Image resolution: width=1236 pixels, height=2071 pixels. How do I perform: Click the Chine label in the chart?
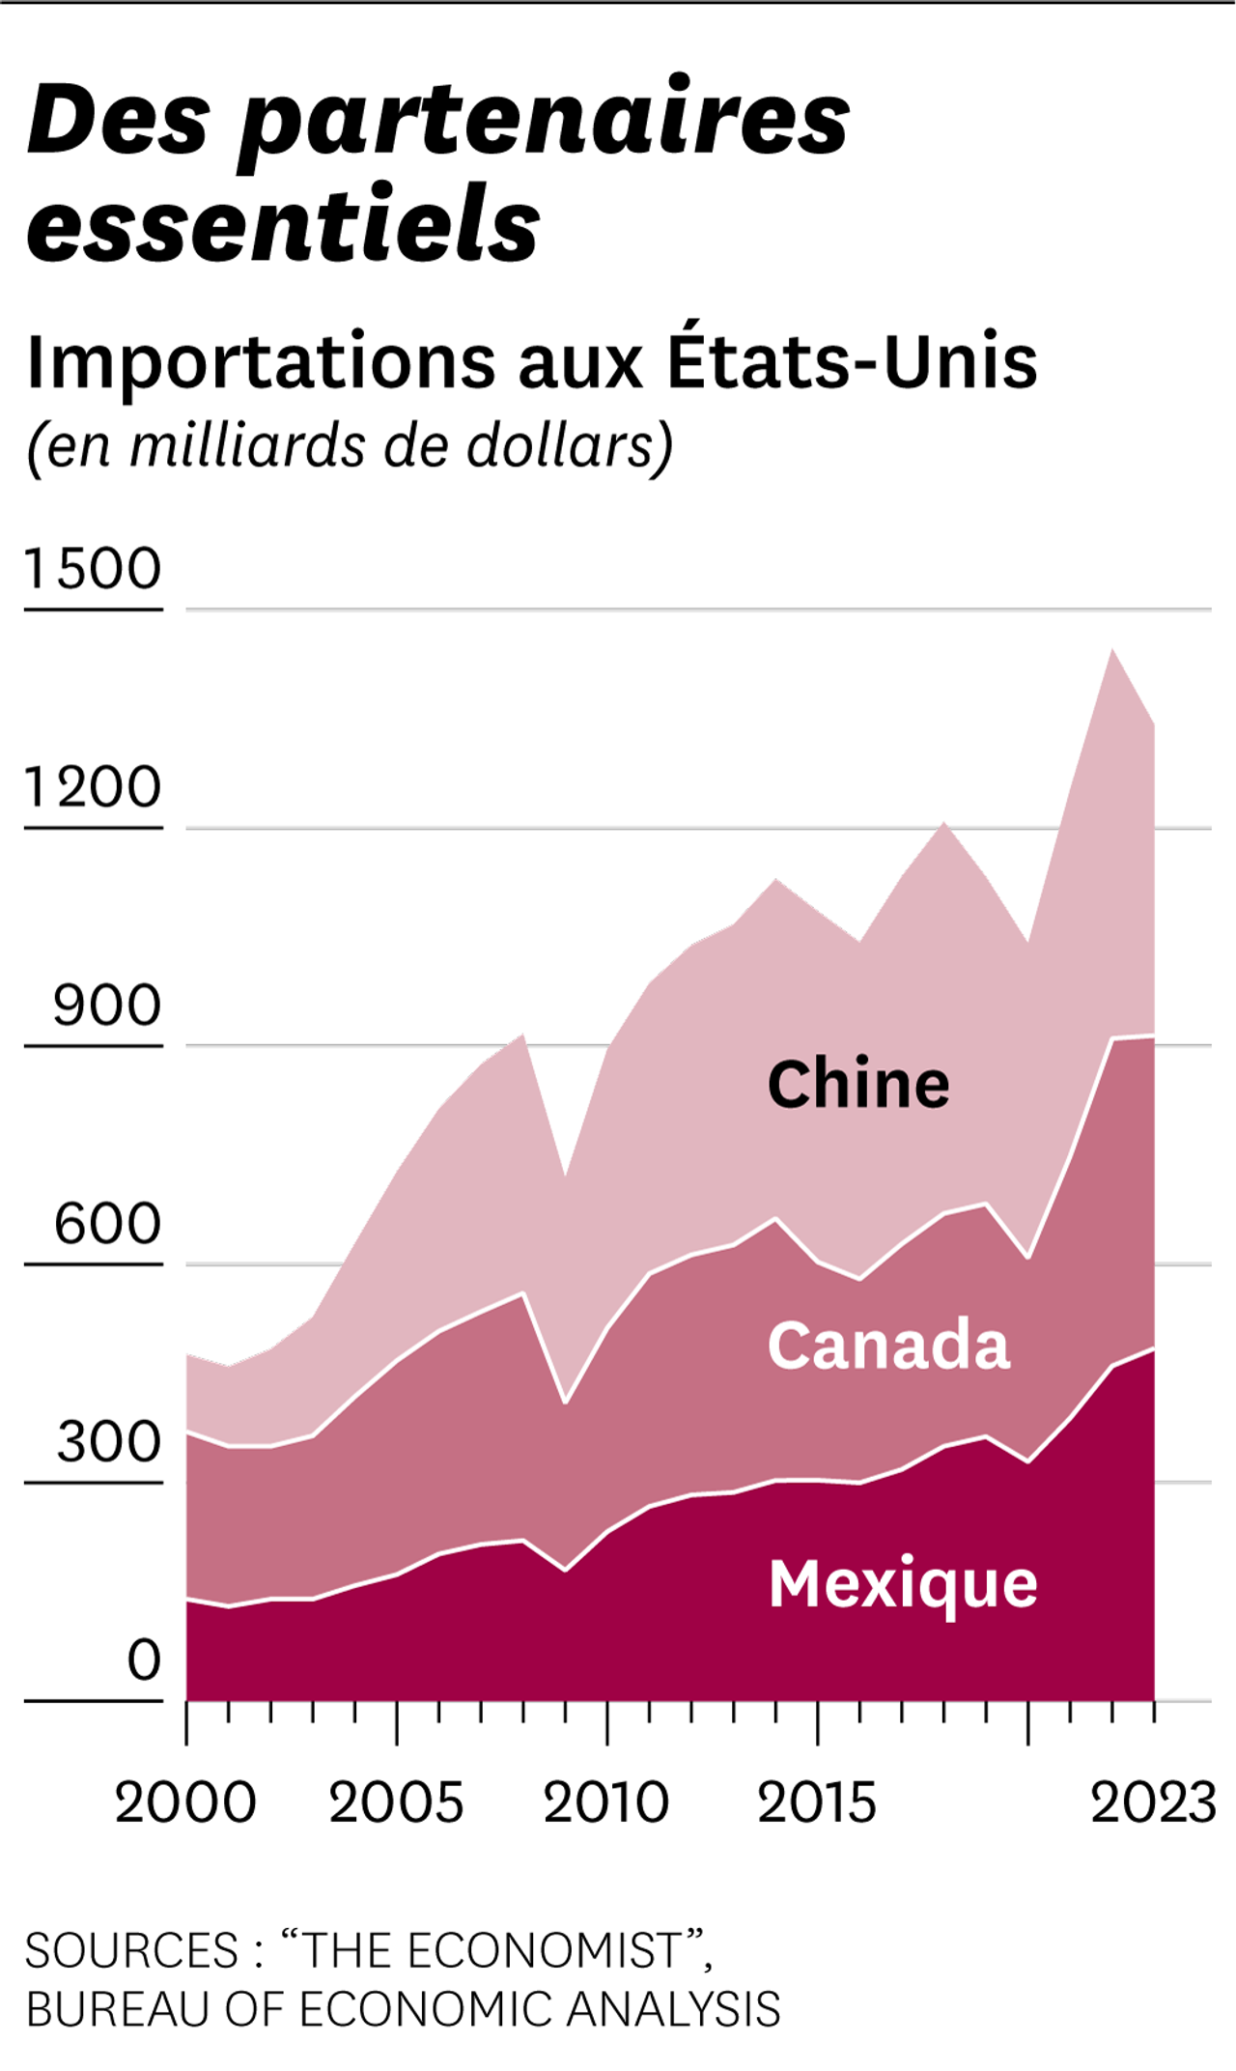click(858, 1084)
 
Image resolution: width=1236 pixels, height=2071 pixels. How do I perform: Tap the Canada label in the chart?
click(888, 1345)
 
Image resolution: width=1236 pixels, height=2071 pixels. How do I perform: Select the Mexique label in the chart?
click(903, 1585)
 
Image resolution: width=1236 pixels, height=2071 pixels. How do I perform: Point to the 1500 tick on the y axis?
click(93, 568)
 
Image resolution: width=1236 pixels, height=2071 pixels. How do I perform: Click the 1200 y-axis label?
click(93, 786)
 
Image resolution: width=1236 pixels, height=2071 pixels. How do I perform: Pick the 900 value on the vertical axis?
click(106, 1006)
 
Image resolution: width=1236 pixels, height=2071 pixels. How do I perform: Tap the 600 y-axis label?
click(106, 1224)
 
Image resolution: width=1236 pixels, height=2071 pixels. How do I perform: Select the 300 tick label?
click(108, 1442)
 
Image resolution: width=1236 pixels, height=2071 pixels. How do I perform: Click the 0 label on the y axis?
click(144, 1660)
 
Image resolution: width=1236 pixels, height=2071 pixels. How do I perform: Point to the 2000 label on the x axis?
click(185, 1802)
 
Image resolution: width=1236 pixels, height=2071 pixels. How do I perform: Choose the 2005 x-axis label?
click(396, 1802)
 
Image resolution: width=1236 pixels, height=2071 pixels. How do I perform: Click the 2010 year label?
click(606, 1802)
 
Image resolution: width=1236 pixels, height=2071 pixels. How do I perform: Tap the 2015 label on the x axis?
click(817, 1802)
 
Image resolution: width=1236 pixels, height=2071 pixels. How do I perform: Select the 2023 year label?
click(1153, 1802)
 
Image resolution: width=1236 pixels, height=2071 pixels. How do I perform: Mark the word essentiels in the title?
click(283, 224)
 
